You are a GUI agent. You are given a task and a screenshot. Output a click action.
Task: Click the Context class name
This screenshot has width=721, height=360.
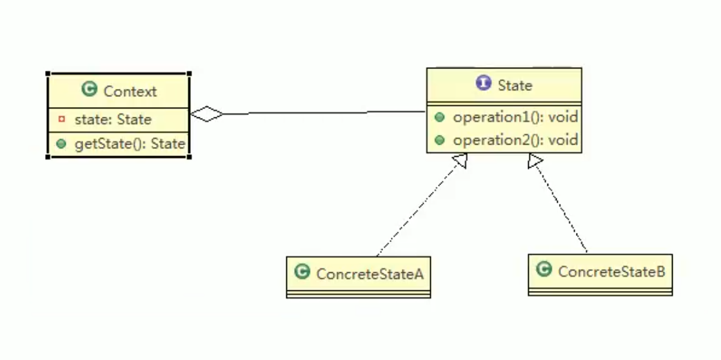[x=130, y=92]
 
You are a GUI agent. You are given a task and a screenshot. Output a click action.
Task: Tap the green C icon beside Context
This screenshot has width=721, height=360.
[x=90, y=90]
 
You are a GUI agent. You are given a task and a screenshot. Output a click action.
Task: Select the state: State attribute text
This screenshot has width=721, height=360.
[x=113, y=119]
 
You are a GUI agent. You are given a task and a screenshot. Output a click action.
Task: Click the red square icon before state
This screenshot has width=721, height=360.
[x=61, y=119]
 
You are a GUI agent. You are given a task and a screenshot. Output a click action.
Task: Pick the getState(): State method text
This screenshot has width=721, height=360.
[x=130, y=144]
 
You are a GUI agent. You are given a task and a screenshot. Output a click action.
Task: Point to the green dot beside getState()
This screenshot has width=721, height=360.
[x=61, y=144]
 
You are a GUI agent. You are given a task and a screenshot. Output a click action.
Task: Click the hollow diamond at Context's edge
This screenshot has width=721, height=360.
[x=207, y=114]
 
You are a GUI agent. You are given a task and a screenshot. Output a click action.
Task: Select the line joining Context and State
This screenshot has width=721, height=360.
[x=322, y=113]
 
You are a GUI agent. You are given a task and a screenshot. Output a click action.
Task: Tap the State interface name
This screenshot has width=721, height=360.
[x=515, y=85]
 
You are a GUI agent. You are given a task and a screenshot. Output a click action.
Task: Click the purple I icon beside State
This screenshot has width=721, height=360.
[x=483, y=83]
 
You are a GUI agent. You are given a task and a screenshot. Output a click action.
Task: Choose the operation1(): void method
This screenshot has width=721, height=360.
[x=515, y=117]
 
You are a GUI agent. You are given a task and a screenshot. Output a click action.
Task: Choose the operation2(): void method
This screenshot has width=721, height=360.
[x=515, y=140]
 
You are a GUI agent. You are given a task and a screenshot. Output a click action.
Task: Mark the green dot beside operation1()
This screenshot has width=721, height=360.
[x=439, y=117]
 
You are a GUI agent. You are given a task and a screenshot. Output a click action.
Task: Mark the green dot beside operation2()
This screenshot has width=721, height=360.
[x=439, y=140]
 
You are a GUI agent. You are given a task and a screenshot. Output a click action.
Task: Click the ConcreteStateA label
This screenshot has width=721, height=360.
[x=370, y=274]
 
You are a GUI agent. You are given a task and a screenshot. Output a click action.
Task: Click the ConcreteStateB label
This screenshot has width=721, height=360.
[x=611, y=272]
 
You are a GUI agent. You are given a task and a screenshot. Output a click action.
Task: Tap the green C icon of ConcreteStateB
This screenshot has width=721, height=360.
[x=544, y=270]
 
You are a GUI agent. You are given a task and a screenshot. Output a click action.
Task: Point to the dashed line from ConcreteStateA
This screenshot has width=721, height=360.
[x=419, y=206]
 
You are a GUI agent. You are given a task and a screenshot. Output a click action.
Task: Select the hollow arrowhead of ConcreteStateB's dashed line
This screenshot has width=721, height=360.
[x=535, y=161]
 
